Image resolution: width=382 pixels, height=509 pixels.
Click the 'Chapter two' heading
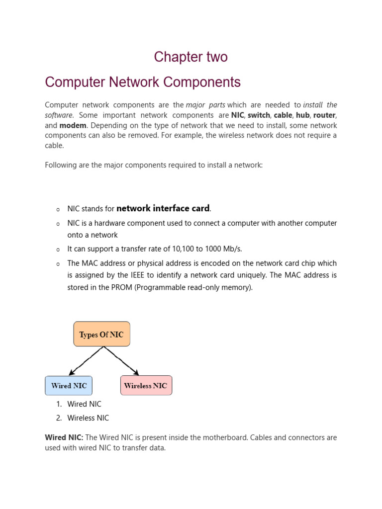[x=191, y=57]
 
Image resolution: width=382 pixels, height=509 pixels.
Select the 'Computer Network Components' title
[x=143, y=82]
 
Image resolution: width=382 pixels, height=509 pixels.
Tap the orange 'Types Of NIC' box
[x=101, y=335]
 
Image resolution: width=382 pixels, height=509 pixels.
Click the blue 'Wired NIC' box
[x=69, y=386]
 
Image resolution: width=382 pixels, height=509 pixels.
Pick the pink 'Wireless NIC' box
[x=146, y=386]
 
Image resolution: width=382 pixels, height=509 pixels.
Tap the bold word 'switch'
[x=258, y=115]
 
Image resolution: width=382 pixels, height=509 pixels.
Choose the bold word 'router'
[x=324, y=115]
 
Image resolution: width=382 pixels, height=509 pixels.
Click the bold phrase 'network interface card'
[x=163, y=209]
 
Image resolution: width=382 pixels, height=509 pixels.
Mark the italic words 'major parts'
[x=205, y=105]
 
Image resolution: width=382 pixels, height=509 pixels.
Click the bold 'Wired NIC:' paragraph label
[x=64, y=438]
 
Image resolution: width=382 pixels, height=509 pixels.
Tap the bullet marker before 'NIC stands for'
[x=58, y=210]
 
